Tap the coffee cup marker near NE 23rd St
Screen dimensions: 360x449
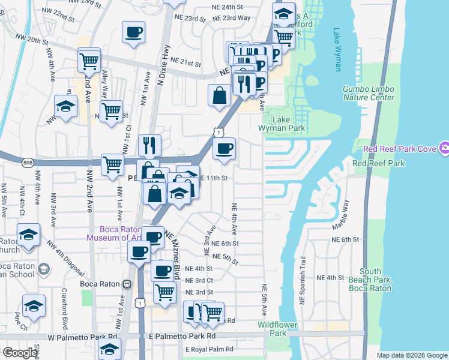133,32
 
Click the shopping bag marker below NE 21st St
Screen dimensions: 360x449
220,95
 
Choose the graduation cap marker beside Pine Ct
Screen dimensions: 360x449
34,307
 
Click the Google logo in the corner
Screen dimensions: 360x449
20,353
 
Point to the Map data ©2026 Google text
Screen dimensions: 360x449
411,355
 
